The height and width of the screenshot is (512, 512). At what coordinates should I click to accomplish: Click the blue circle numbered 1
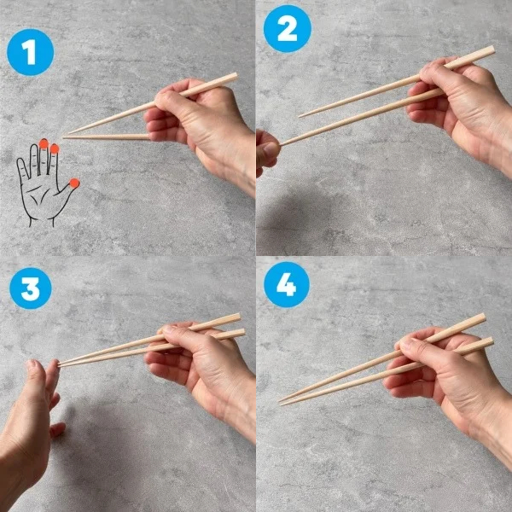point(31,52)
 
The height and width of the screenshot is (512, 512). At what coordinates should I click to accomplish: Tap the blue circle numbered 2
point(288,29)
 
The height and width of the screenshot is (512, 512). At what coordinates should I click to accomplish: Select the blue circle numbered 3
point(31,288)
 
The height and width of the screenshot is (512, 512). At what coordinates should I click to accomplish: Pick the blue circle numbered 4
point(287,285)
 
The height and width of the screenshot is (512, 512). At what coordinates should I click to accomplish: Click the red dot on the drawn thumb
point(74,183)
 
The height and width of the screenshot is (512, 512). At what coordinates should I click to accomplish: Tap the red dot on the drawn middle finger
point(44,143)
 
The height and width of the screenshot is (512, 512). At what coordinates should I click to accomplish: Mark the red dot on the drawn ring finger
point(55,148)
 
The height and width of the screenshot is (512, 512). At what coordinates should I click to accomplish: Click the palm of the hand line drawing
point(41,196)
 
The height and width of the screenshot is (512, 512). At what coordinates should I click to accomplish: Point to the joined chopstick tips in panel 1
point(64,137)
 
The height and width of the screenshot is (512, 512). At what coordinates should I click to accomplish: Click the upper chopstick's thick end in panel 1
point(235,77)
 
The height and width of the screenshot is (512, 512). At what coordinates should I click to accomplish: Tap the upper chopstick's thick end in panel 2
point(492,50)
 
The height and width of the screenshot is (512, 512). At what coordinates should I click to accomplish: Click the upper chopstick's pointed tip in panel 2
point(300,116)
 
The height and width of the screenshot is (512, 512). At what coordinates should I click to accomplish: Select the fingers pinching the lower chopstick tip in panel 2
point(268,152)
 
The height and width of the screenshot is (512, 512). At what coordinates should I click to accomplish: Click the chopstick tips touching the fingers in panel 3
point(60,364)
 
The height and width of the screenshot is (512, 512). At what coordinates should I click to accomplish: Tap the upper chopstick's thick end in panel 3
point(238,317)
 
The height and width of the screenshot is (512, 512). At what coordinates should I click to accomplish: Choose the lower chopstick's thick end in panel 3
point(242,333)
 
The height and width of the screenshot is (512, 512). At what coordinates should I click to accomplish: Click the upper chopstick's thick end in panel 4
point(482,317)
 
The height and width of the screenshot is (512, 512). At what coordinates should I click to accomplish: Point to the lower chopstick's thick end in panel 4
point(490,342)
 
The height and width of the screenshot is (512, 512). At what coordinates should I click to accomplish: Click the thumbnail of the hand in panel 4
point(405,344)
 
